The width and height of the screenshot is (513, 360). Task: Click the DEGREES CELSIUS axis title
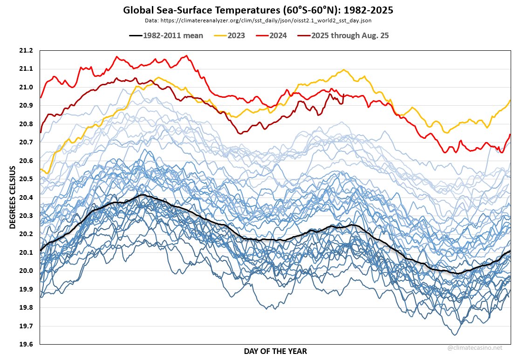click(x=13, y=197)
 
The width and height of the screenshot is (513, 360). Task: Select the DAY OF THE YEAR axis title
click(x=275, y=351)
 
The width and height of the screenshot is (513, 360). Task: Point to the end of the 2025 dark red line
click(x=343, y=95)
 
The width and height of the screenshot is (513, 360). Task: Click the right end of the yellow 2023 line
click(x=510, y=100)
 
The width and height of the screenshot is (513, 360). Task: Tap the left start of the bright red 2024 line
click(x=41, y=97)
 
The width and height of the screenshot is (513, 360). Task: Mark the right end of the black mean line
click(x=510, y=251)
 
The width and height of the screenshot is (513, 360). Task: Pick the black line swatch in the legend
click(x=135, y=35)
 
